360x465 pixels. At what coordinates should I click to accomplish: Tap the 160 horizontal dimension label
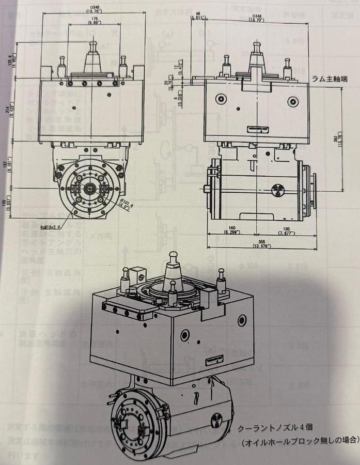[x=229, y=229]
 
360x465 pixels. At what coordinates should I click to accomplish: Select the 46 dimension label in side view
[x=198, y=16]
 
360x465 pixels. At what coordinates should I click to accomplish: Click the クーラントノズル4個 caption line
[x=276, y=429]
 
